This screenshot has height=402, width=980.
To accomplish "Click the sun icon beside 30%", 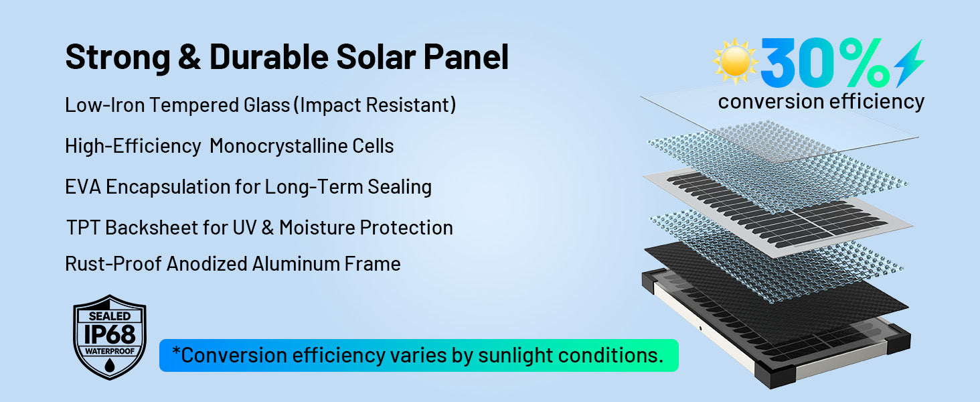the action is click(735, 62).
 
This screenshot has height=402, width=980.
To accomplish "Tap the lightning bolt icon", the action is click(909, 63).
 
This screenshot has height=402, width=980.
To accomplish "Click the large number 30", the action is click(798, 62).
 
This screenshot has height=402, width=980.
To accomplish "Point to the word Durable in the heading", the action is click(269, 57).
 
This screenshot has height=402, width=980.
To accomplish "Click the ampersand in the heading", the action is click(189, 57).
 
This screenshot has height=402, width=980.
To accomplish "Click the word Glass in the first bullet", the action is click(267, 105).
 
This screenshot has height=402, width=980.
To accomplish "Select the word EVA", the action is click(83, 187).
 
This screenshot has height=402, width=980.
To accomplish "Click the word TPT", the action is click(83, 228).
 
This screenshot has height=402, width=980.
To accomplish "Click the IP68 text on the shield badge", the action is click(110, 335).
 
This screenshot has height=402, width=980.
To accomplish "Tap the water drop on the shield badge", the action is click(110, 364).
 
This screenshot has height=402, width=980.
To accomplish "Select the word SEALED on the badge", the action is click(110, 316).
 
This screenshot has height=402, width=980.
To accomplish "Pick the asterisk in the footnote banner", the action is click(176, 351).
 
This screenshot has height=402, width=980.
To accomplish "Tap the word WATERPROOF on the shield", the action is click(110, 351).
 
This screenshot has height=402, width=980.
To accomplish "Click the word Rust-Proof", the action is click(113, 264).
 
